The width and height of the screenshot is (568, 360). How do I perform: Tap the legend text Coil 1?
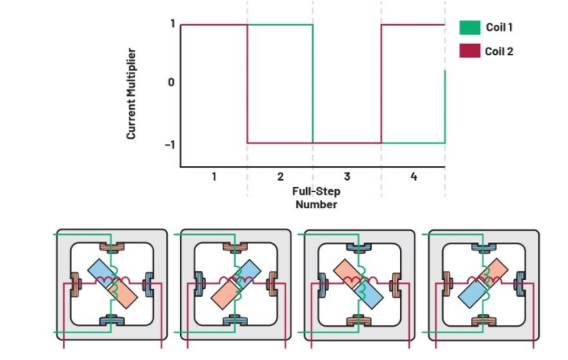coord(500,27)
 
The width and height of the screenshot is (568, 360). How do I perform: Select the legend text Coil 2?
coord(500,51)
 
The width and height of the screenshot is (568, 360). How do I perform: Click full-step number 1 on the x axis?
coord(214,176)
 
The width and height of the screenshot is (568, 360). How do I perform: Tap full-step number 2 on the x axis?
coord(280,176)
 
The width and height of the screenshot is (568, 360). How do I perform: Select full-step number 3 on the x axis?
coord(347,176)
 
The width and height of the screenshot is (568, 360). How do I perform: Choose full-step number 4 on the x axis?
coord(413,176)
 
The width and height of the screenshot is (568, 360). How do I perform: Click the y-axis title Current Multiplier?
coord(131,95)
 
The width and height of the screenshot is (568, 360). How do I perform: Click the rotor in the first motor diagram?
coord(112,285)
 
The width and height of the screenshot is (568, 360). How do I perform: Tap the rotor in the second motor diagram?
coord(235,285)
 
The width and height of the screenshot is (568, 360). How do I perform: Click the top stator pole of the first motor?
coord(112,248)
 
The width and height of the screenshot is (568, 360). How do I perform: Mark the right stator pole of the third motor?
coord(397,284)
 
